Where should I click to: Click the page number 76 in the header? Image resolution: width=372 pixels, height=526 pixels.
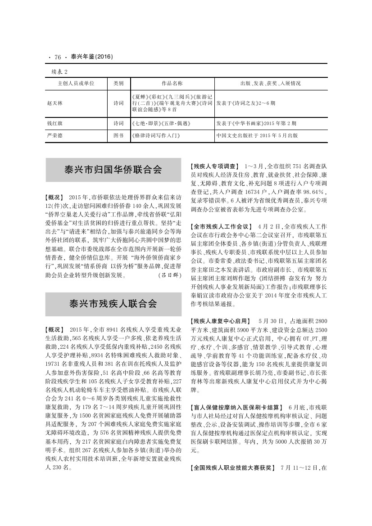click(58, 57)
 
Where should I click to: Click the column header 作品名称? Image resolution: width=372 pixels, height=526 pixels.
click(172, 84)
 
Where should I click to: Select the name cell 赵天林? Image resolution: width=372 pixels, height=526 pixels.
click(55, 103)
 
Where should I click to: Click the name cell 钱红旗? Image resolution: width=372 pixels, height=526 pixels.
click(55, 122)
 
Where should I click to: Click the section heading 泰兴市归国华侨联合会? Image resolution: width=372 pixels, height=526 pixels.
click(113, 170)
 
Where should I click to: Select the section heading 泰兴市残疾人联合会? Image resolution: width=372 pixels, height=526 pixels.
click(113, 304)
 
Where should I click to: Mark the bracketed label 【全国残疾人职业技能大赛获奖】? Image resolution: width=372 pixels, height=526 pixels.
click(232, 468)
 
